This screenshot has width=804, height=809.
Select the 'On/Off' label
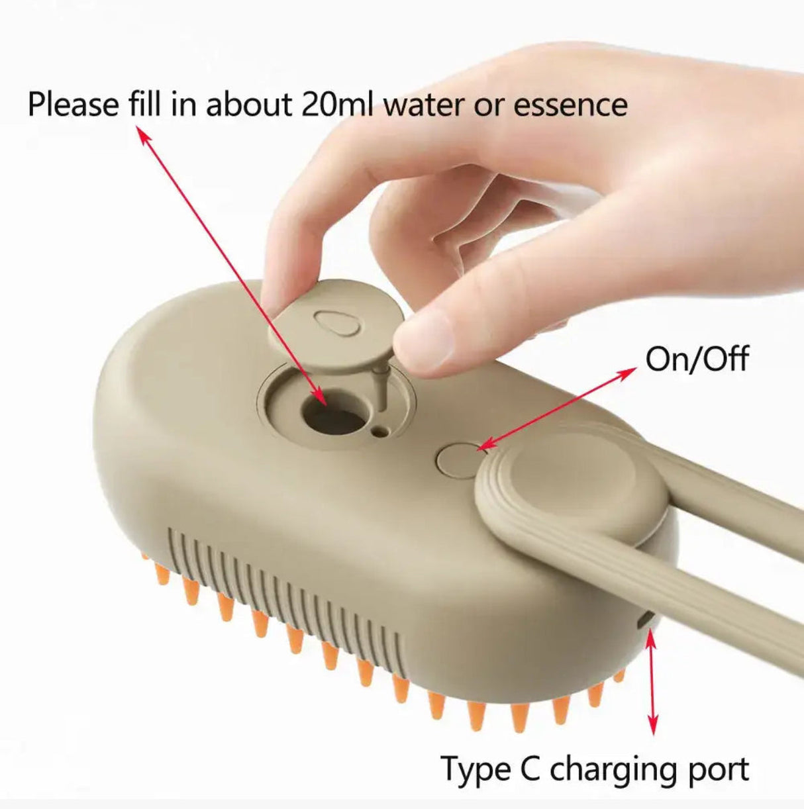pyautogui.click(x=697, y=359)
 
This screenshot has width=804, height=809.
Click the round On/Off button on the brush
pyautogui.click(x=456, y=461)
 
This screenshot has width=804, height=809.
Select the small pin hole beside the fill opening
pyautogui.click(x=379, y=432)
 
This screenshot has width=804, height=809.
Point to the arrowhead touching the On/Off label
pyautogui.click(x=625, y=375)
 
